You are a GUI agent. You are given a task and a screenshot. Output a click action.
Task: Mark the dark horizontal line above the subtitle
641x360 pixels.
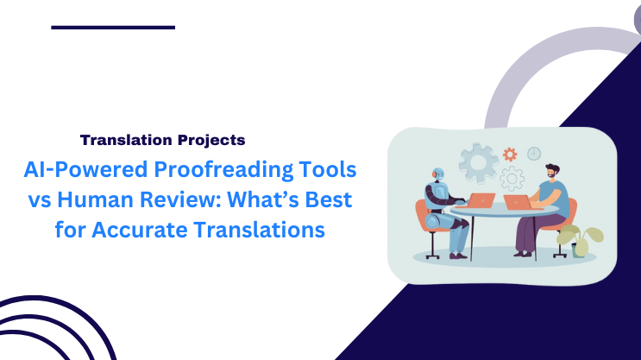click(x=113, y=28)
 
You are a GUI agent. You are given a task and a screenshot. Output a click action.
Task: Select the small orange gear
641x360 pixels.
click(x=510, y=155)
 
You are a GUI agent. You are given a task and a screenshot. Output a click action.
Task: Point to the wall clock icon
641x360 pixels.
click(x=534, y=153)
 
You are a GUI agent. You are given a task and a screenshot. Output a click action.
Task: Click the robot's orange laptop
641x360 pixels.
click(x=480, y=201)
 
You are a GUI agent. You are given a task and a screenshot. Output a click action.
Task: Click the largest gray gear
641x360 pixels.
click(x=477, y=163)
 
